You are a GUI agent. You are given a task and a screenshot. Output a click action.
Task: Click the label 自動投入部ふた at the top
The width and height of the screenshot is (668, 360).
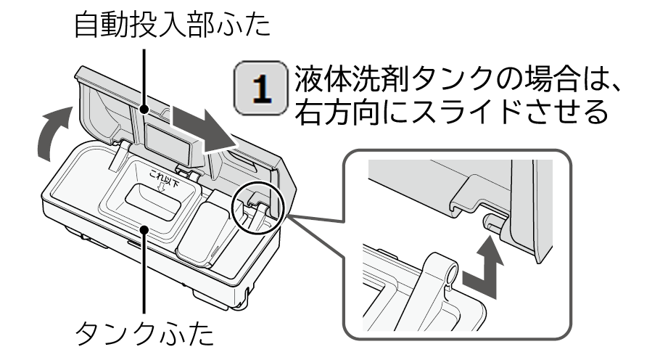click(173, 25)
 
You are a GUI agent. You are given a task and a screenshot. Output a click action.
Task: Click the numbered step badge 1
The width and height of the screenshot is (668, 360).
click(261, 89)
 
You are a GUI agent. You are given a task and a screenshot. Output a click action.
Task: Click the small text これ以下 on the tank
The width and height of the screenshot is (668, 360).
click(164, 178)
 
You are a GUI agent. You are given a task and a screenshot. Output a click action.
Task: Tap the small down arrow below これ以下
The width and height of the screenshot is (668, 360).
click(162, 188)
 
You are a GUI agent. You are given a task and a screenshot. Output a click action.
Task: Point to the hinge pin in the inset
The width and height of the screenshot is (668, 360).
click(492, 223)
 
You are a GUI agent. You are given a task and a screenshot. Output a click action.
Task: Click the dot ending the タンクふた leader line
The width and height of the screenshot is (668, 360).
click(144, 230)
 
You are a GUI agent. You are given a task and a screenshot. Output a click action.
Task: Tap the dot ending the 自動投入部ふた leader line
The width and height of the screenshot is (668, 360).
click(144, 110)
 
